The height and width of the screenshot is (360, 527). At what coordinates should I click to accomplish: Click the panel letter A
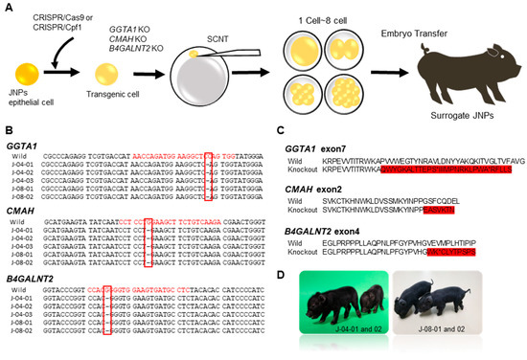(7, 7)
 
